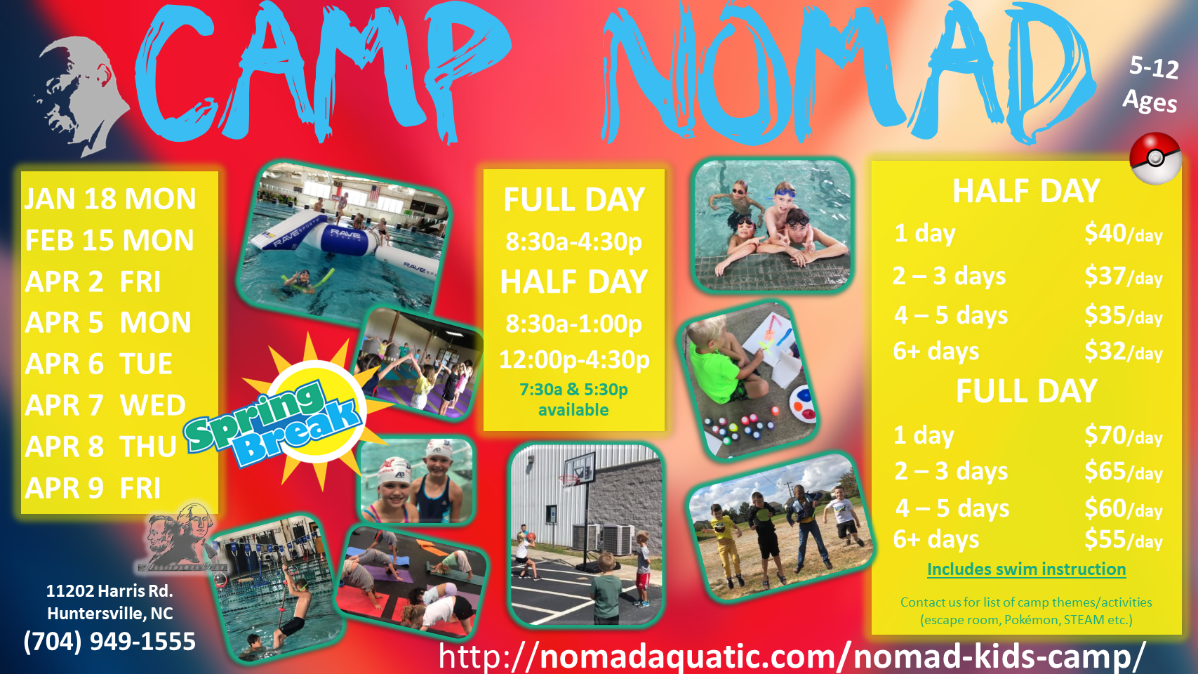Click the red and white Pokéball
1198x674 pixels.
pos(1155,159)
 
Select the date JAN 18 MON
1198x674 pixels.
pos(111,199)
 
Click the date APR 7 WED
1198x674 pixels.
pos(105,405)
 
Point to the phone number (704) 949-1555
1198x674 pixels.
pos(109,642)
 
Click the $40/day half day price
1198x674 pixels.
pos(1123,234)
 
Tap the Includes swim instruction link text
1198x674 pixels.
pos(1026,569)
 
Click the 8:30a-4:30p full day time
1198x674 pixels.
pos(574,242)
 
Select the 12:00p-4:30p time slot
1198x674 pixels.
pos(574,359)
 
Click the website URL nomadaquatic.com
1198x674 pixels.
pos(792,656)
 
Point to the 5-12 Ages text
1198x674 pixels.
pos(1152,84)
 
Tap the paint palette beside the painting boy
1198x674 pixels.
pos(803,404)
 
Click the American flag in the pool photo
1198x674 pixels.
pos(373,192)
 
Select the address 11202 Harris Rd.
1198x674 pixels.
pos(109,590)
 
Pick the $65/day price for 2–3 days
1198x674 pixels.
pos(1123,472)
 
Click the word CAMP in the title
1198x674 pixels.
pos(321,75)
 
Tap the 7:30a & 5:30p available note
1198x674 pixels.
pos(573,399)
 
